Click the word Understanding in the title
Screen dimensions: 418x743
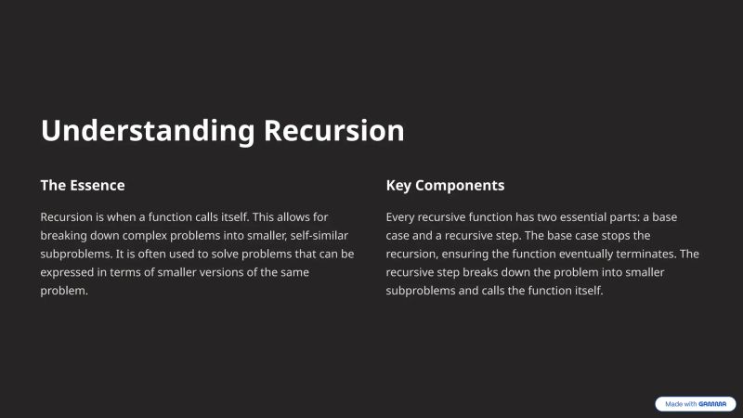(148, 131)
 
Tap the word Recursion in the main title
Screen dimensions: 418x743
(334, 131)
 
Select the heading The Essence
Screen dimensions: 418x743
(82, 185)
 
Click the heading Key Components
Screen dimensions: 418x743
(445, 185)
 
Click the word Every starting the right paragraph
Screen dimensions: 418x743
(402, 216)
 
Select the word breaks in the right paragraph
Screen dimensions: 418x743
(492, 272)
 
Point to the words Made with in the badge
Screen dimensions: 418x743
(681, 404)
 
